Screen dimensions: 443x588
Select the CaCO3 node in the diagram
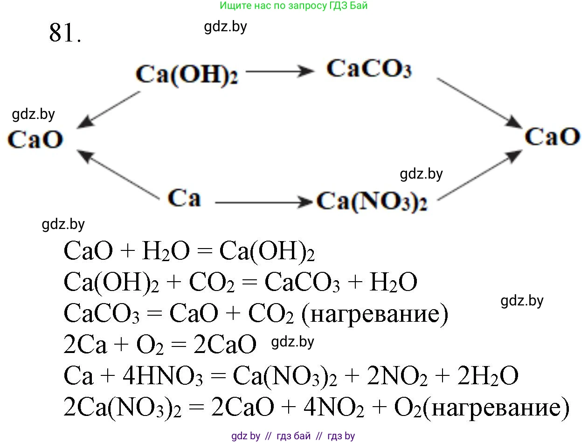coord(369,69)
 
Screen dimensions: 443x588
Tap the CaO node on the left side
coord(35,140)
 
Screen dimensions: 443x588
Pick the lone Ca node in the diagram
coord(184,198)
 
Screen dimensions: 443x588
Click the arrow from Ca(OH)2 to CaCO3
coord(280,71)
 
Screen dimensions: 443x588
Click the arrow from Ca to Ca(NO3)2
coord(263,202)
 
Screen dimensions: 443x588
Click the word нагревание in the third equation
coord(375,314)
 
